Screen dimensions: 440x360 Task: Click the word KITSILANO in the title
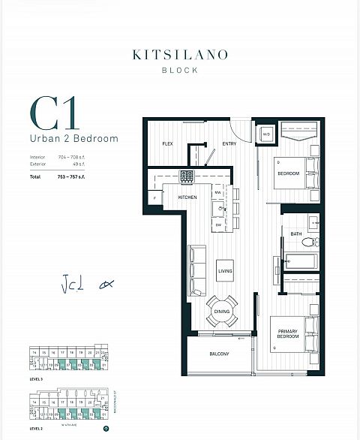[x=179, y=55]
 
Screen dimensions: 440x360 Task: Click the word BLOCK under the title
[x=179, y=70]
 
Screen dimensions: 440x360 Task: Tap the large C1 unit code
[x=54, y=114]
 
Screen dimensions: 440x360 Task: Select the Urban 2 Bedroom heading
[x=74, y=139]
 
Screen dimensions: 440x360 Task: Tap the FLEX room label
[x=168, y=144]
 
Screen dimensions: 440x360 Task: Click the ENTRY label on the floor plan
[x=229, y=144]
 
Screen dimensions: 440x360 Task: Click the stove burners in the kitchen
[x=186, y=176]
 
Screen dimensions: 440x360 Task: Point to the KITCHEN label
[x=187, y=197]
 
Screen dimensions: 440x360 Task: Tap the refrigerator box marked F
[x=154, y=197]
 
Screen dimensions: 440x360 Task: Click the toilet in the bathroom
[x=314, y=242]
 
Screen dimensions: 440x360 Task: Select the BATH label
[x=296, y=234]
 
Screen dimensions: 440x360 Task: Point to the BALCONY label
[x=219, y=354]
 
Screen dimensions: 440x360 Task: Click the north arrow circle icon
[x=106, y=429]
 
